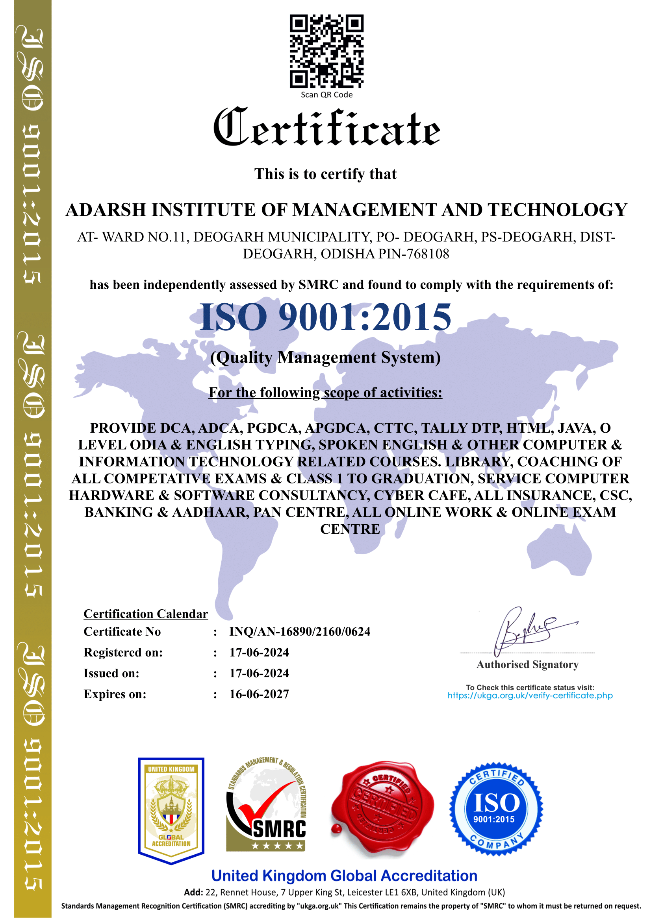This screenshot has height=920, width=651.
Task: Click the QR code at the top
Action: click(x=326, y=51)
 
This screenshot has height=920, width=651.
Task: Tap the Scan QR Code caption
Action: click(x=326, y=95)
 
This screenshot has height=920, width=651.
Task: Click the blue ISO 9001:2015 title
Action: click(x=325, y=317)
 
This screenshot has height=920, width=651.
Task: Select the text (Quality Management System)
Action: click(x=325, y=358)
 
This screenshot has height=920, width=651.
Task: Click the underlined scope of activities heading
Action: click(x=325, y=393)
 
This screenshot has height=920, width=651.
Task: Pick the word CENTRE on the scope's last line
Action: click(x=350, y=529)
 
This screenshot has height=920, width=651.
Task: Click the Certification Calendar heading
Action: click(x=146, y=614)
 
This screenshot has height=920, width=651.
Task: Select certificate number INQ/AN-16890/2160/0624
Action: click(x=300, y=632)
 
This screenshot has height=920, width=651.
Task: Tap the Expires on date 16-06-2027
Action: click(x=259, y=694)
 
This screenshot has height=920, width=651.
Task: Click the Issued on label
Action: click(x=111, y=673)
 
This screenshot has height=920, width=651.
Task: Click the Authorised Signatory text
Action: click(x=527, y=665)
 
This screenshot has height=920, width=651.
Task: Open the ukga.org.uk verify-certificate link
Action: click(x=530, y=696)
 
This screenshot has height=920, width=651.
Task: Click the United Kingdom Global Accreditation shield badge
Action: click(x=171, y=810)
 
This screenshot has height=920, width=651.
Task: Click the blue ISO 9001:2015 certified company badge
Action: click(x=496, y=809)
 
